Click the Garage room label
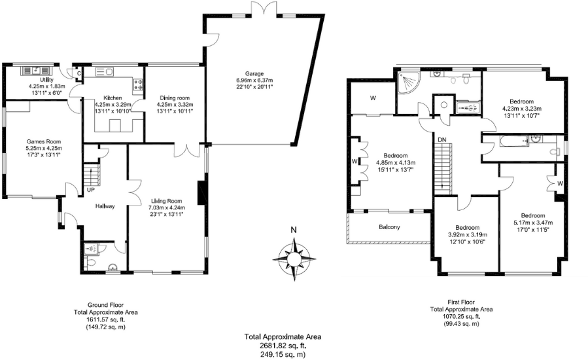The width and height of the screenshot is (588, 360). tap(254, 73)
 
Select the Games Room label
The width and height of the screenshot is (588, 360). tap(44, 141)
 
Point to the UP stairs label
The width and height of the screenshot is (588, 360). tap(91, 190)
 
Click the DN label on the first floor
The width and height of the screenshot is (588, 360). tap(442, 139)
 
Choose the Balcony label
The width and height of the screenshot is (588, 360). tap(389, 226)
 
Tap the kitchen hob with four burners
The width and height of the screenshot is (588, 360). tap(137, 84)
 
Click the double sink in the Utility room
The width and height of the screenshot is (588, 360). tap(36, 70)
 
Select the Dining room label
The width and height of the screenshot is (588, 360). tap(175, 98)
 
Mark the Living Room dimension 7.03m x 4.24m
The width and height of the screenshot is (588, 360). tap(167, 207)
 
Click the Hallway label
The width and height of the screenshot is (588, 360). tap(105, 206)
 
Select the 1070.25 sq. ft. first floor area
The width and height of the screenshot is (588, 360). tap(461, 316)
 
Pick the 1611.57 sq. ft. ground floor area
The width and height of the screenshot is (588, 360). tap(106, 320)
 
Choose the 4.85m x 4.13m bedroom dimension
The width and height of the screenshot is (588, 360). tap(396, 162)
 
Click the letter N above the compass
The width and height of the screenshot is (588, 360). tap(294, 230)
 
